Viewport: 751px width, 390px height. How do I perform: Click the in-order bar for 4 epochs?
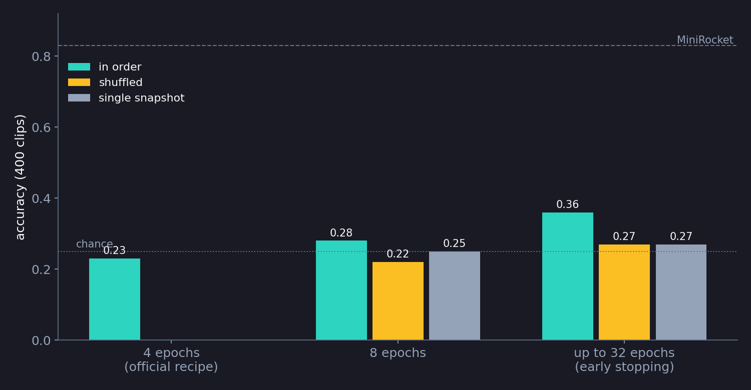(115, 299)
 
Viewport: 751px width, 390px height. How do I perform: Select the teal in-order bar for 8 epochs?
(341, 290)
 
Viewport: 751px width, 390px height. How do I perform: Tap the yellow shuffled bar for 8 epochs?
(398, 300)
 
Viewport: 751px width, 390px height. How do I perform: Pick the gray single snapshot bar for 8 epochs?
(454, 295)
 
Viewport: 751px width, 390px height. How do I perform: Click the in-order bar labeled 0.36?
(568, 276)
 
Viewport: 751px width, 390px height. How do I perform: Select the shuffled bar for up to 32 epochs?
(624, 292)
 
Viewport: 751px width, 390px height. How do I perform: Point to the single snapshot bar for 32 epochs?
(681, 292)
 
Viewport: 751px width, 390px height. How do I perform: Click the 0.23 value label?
(114, 250)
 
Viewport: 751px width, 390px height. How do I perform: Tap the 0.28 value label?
(341, 232)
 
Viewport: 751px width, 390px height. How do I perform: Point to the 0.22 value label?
(398, 254)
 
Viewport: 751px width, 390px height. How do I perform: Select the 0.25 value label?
(454, 243)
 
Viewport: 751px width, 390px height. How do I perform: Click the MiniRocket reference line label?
(705, 40)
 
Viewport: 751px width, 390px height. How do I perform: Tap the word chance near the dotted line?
(95, 243)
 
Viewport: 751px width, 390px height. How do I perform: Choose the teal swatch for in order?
(79, 66)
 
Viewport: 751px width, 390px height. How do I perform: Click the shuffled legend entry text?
(121, 82)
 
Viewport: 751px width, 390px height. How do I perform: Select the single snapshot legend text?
(142, 98)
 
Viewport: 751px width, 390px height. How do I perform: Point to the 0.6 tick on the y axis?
(41, 127)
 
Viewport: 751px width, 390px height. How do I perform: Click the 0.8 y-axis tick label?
(41, 56)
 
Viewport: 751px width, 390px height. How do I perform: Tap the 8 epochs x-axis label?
(398, 353)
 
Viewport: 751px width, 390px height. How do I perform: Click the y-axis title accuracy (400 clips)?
(20, 177)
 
